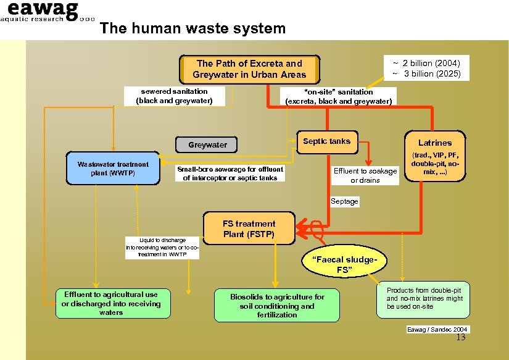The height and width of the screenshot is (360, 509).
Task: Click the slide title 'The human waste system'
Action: (x=192, y=28)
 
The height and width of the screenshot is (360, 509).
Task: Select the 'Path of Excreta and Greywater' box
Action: (x=249, y=69)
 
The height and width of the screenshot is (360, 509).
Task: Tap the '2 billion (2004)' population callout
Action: (x=426, y=68)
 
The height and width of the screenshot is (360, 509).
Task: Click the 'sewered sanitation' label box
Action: (x=174, y=96)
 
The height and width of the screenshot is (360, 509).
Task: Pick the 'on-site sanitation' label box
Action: (x=338, y=96)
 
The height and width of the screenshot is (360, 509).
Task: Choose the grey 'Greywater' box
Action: (x=208, y=145)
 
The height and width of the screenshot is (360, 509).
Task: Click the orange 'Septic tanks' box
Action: (x=326, y=142)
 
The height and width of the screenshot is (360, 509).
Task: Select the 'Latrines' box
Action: (x=435, y=157)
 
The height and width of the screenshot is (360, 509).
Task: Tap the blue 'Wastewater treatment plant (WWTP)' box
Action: (x=113, y=168)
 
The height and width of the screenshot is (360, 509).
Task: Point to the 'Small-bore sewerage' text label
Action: (x=230, y=174)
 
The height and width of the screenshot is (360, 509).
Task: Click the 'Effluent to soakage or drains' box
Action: (x=365, y=175)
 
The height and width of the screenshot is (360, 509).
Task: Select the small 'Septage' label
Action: (x=344, y=201)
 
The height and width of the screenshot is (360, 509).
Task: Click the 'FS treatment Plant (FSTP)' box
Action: (x=249, y=229)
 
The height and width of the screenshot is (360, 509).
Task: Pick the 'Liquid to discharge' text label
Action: (x=162, y=247)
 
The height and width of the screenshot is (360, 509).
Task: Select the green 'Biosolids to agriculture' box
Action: (x=277, y=306)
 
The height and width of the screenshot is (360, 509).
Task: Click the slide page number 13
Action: (x=460, y=338)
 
